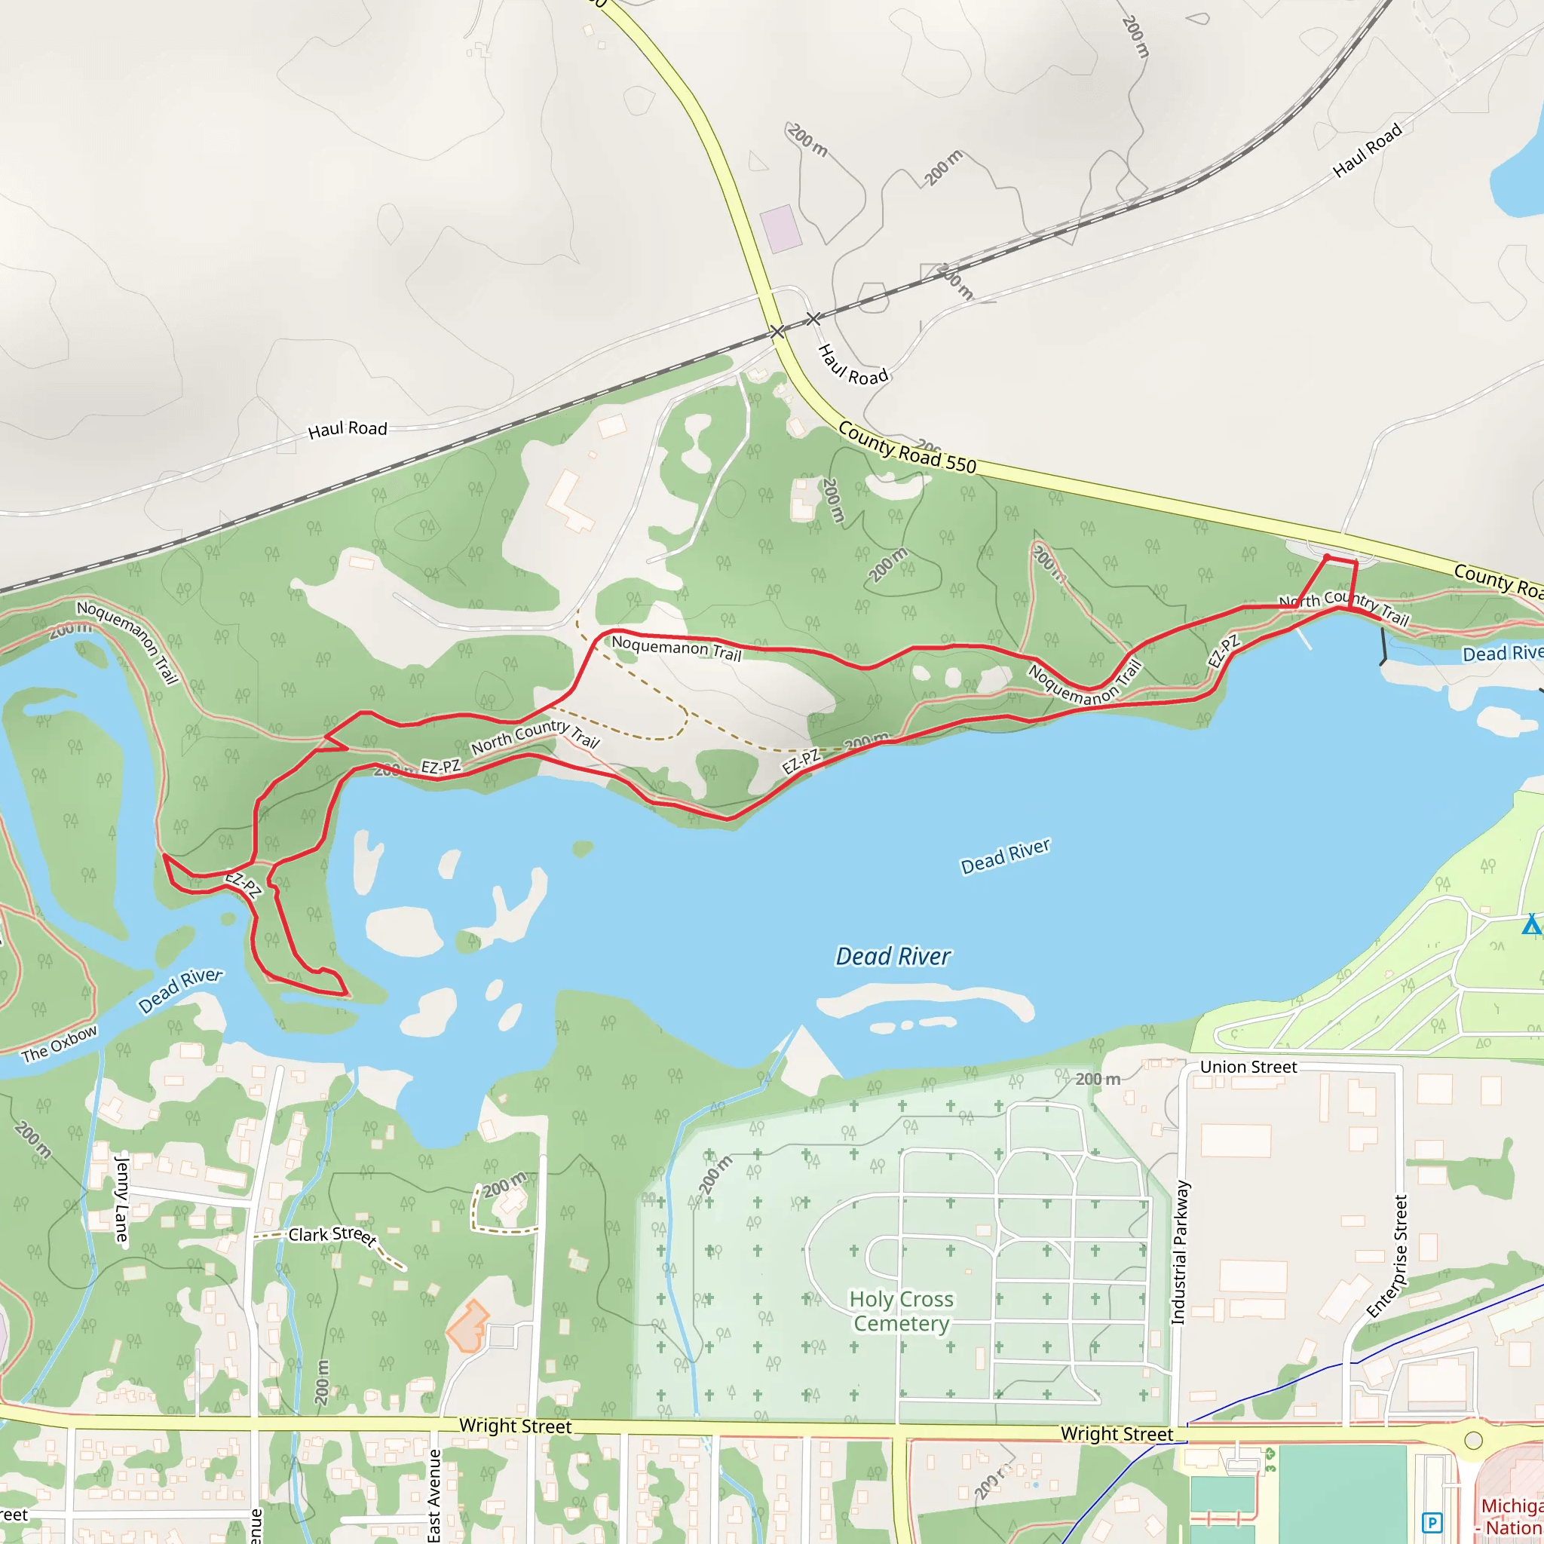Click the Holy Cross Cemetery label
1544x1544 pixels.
[902, 1310]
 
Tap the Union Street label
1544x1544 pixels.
[1248, 1067]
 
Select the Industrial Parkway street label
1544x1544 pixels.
[1179, 1252]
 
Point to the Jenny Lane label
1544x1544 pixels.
[121, 1197]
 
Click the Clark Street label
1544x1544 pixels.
[332, 1236]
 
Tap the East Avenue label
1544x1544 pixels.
[434, 1494]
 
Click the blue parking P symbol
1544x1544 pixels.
[1432, 1521]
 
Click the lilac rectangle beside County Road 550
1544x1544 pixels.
[780, 229]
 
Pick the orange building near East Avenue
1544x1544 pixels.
[467, 1325]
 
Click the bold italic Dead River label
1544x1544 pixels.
[893, 956]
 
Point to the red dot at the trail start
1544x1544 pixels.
[1327, 557]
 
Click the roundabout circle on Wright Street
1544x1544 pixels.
[1474, 1441]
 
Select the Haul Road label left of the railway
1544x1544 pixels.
[348, 429]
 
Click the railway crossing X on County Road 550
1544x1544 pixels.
[777, 332]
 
